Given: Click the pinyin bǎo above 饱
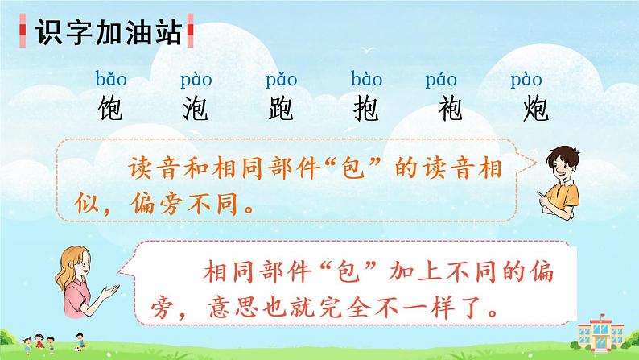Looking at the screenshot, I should (109, 80).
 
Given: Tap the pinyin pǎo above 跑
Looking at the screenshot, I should (281, 80).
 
